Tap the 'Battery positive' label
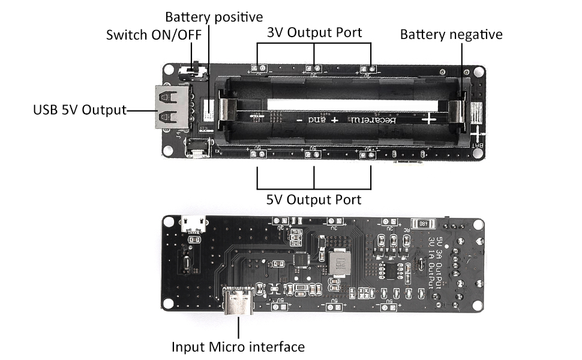click(x=214, y=17)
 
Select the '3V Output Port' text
click(x=314, y=32)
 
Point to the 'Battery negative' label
click(x=451, y=34)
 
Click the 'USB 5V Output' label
click(x=80, y=110)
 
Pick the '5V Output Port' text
click(x=314, y=199)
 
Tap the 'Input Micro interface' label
click(x=238, y=346)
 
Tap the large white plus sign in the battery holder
click(x=430, y=119)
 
